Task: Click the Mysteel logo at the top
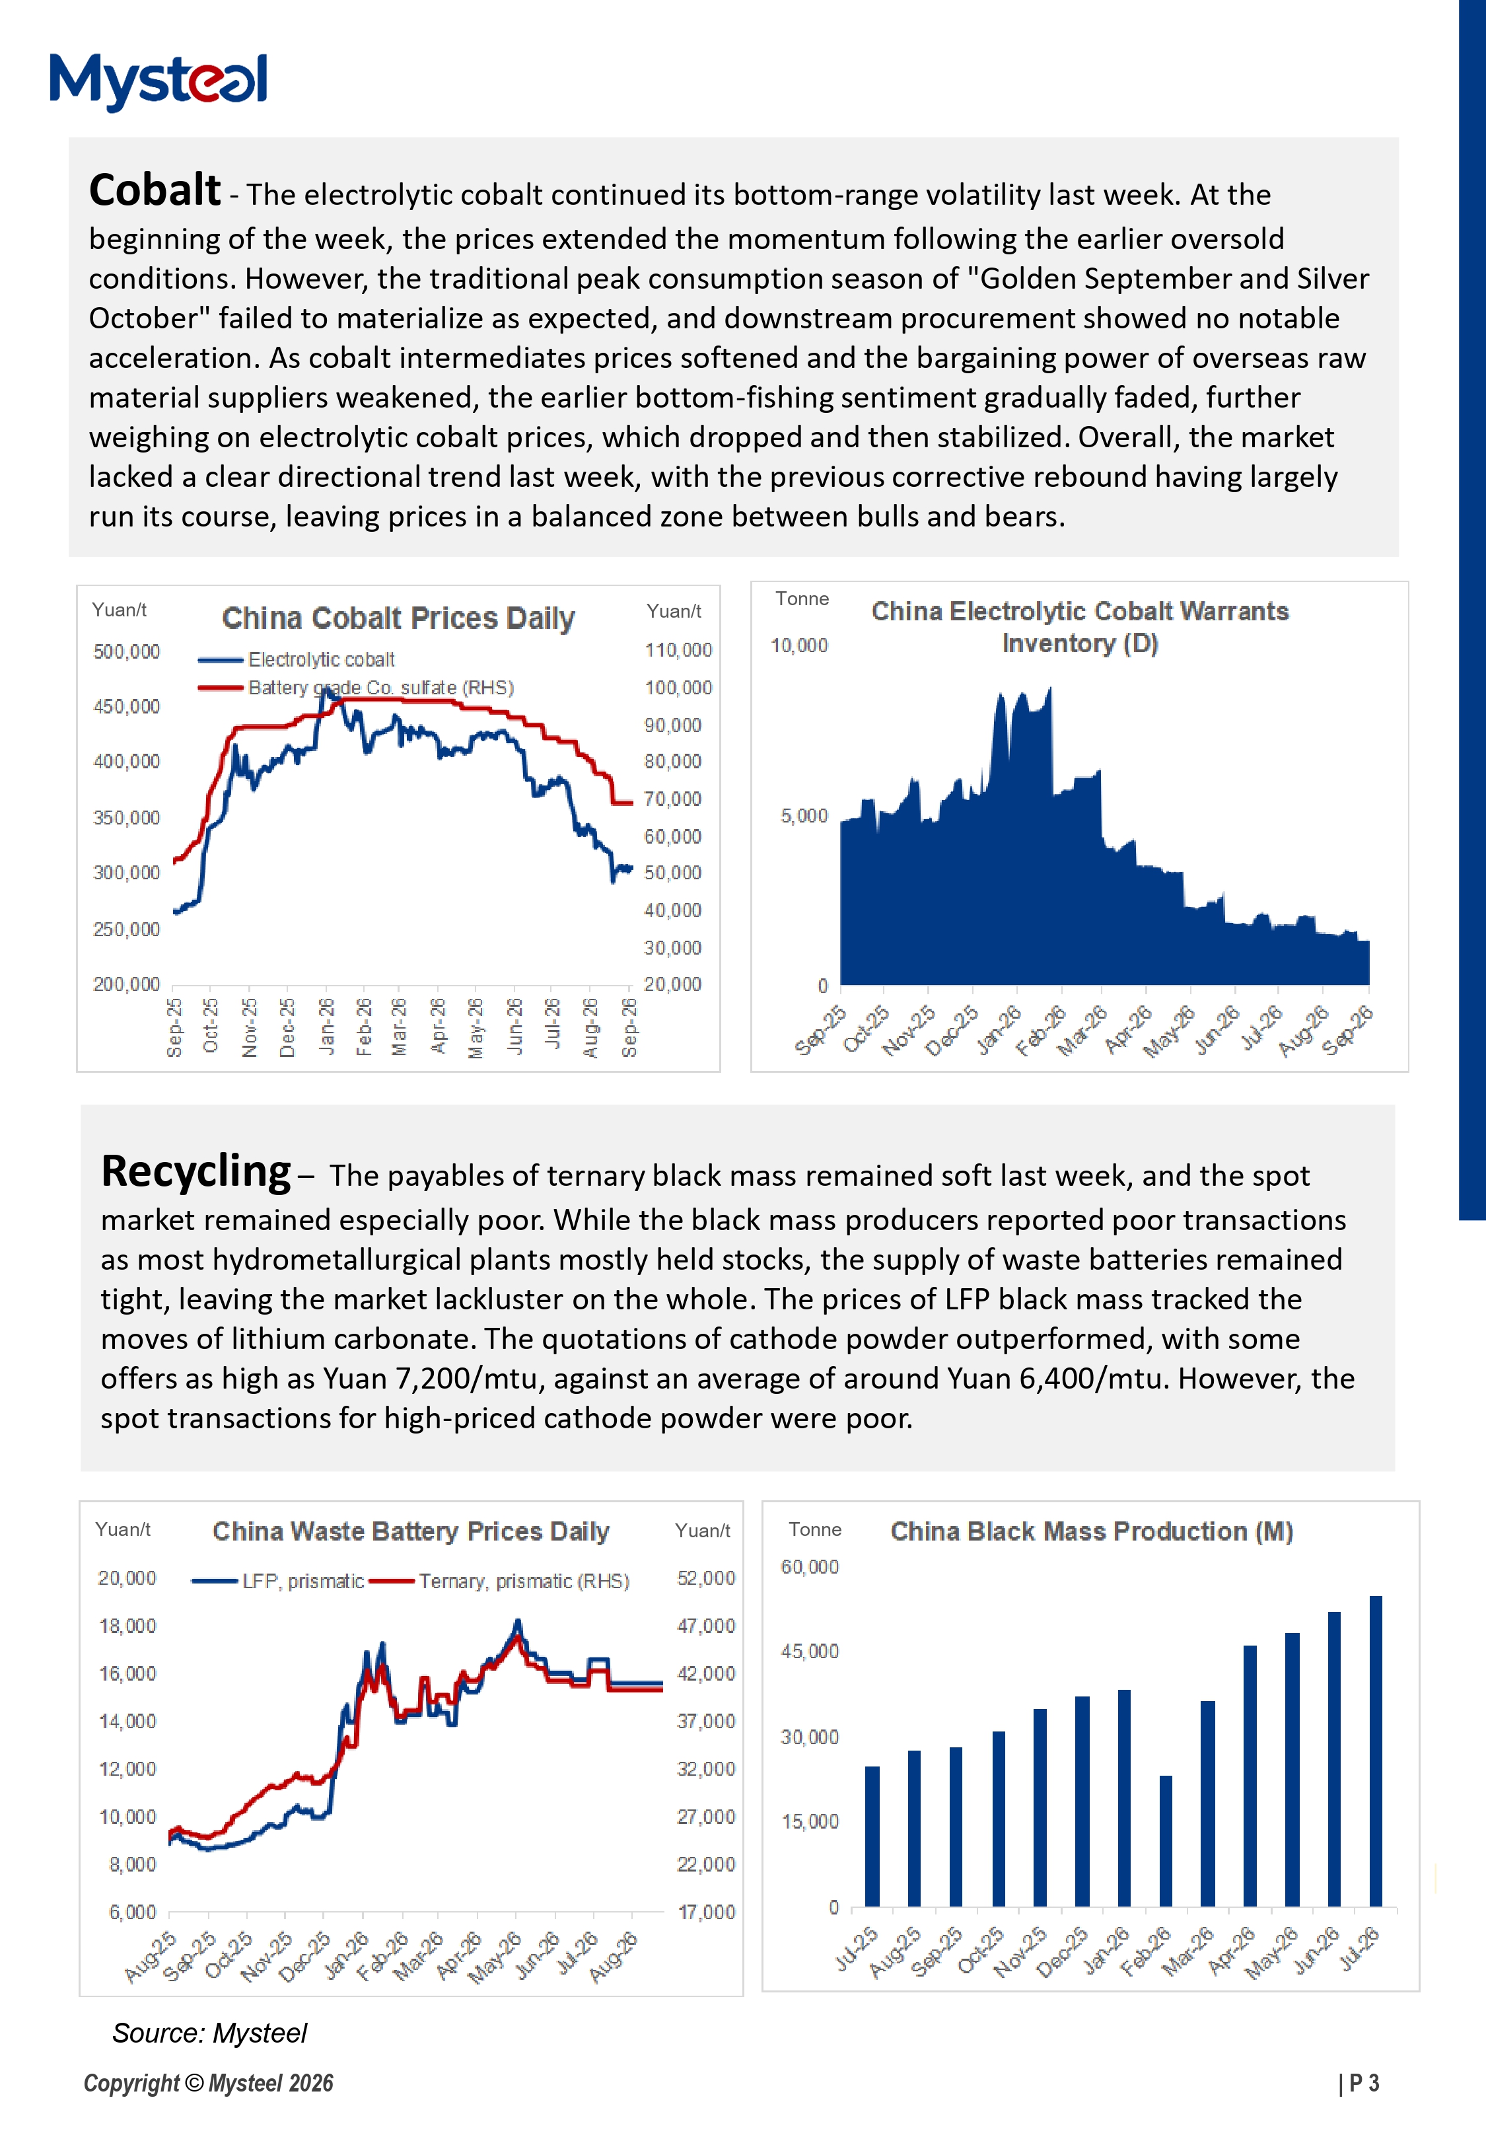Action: tap(159, 81)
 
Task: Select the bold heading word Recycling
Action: tap(195, 1172)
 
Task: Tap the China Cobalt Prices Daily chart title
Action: tap(398, 618)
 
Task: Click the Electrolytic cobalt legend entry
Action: tap(296, 660)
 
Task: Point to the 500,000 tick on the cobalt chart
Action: tap(127, 652)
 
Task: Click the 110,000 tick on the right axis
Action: tap(678, 650)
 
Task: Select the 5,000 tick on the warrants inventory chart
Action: tap(804, 816)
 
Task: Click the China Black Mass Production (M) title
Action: tap(1091, 1531)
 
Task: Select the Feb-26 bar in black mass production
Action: tap(1166, 1840)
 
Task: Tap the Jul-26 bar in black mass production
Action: tap(1375, 1751)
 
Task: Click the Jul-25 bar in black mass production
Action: tap(872, 1836)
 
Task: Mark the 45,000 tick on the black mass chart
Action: tap(809, 1652)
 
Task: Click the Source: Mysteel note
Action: tap(209, 2033)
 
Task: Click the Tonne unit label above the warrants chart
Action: tap(802, 599)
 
